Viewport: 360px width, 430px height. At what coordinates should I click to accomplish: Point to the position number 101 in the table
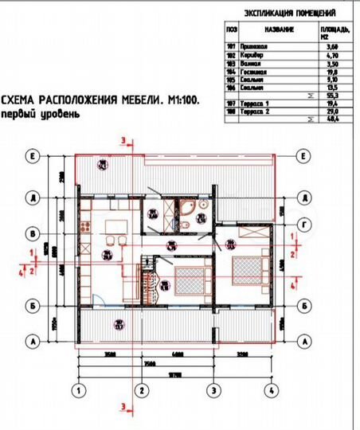[x=232, y=46]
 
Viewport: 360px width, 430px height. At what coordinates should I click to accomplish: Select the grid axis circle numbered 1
[x=79, y=390]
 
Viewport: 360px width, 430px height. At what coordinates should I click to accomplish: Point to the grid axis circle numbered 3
[x=213, y=390]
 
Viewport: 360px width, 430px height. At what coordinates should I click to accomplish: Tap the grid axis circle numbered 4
[x=271, y=390]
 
